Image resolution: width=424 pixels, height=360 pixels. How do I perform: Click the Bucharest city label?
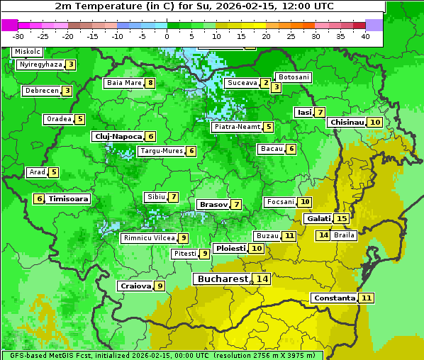coord(223,279)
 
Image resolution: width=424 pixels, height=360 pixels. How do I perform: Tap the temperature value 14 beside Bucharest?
coord(262,279)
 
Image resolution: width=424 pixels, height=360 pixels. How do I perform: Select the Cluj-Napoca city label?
coord(117,136)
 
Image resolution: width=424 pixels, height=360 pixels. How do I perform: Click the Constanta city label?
coord(334,298)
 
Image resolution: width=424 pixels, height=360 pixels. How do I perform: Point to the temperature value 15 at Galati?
coord(342,219)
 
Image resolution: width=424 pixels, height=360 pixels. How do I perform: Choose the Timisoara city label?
coord(69,199)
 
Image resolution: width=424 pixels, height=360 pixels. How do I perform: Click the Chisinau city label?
coord(347,122)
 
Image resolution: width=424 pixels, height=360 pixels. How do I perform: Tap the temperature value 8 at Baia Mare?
coord(150,83)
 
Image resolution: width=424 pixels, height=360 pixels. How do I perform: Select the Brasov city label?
coord(213,204)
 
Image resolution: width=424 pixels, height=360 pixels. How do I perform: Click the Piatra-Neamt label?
coord(237,127)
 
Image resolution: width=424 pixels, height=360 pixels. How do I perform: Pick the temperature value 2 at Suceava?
coord(265,83)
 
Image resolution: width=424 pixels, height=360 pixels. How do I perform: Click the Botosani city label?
coord(294,77)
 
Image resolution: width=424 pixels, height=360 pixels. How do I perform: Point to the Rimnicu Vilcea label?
coord(148,238)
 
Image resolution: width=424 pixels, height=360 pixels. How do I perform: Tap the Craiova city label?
coord(135,286)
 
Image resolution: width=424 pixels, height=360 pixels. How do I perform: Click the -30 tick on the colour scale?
coord(18,35)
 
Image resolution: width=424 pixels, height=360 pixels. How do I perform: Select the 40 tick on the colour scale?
coord(366,35)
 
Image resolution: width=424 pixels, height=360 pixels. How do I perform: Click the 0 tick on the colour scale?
coord(167,35)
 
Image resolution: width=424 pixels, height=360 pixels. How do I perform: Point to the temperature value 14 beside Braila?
coord(323,235)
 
